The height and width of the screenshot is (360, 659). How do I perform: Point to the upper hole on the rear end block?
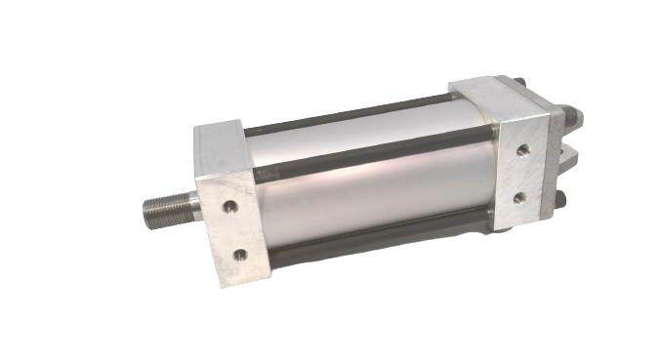tap(523, 150)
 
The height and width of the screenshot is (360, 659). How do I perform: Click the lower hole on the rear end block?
tap(519, 197)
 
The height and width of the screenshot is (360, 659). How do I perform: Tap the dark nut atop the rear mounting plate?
tap(520, 82)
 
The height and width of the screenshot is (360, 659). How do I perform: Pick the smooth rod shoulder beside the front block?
tap(192, 205)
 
